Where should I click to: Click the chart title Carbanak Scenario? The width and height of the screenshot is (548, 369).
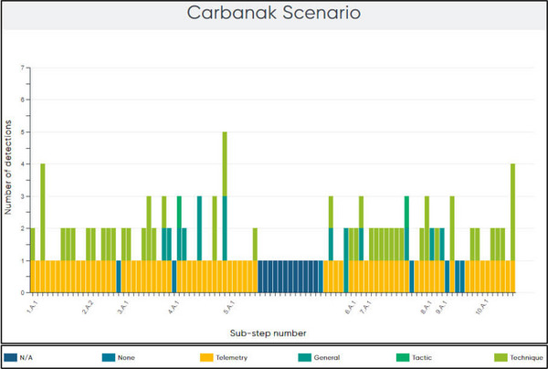point(273,14)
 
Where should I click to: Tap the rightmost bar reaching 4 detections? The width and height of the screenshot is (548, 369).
point(513,228)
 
